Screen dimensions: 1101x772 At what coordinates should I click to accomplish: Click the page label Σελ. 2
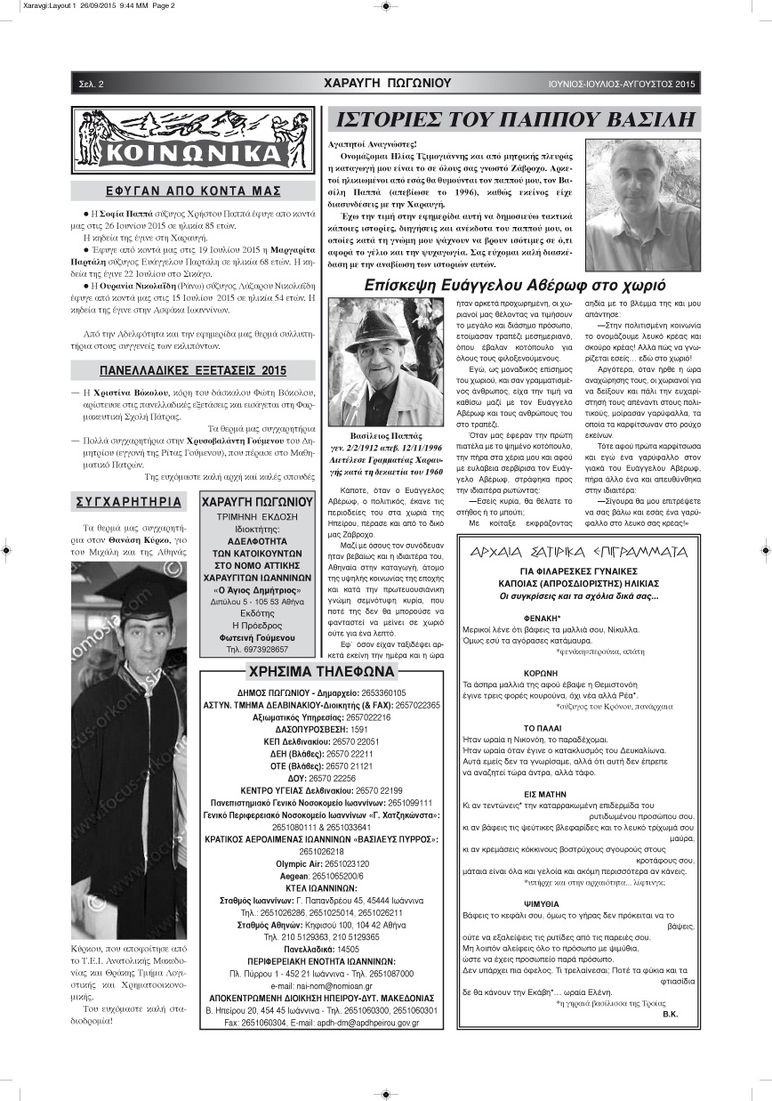point(91,84)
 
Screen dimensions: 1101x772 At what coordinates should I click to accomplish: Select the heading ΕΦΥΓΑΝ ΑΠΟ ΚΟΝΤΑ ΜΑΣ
point(193,190)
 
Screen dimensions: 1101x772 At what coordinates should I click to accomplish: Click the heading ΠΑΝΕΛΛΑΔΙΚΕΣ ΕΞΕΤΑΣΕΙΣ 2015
point(193,370)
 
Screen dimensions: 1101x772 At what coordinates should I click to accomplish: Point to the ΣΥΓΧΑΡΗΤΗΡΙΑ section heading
point(130,502)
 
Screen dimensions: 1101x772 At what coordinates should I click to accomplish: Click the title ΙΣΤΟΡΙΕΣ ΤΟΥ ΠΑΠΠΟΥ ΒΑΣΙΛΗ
point(513,119)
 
